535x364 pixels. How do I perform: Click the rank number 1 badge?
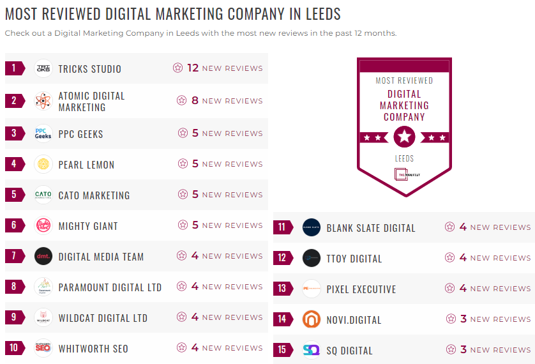coord(13,68)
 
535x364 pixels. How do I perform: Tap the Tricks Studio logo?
coord(43,68)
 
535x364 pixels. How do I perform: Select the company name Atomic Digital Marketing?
coord(91,102)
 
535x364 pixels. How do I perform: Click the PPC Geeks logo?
coord(43,133)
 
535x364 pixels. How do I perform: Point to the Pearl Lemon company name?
coord(86,165)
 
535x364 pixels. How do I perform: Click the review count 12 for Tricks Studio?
coord(193,68)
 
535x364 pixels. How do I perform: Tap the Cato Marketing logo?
coord(43,195)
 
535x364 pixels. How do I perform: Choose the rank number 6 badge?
coord(13,225)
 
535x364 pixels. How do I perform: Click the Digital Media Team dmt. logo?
coord(43,256)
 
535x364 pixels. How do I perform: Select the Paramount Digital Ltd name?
coord(110,287)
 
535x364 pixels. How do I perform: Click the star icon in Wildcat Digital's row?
coord(182,317)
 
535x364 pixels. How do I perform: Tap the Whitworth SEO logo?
coord(43,348)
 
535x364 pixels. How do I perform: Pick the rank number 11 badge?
coord(282,227)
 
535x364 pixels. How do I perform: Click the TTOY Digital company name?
coord(354,259)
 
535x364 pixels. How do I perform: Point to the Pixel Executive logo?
coord(312,289)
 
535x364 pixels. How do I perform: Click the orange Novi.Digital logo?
coord(312,319)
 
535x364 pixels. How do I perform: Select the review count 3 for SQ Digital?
coord(463,350)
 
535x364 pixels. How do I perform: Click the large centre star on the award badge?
coord(404,136)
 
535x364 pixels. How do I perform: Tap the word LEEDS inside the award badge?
coord(404,158)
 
